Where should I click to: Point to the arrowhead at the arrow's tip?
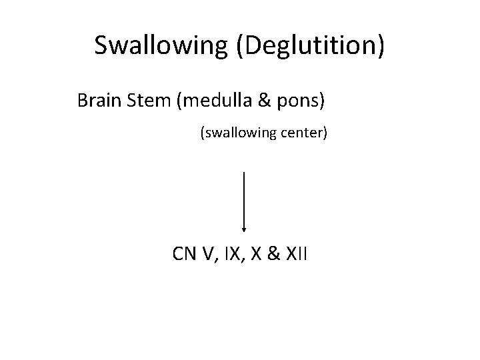pyautogui.click(x=245, y=229)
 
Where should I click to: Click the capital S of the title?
pyautogui.click(x=102, y=46)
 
